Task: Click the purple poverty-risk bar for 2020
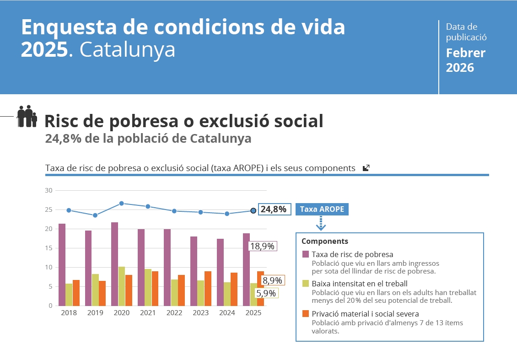click(x=114, y=264)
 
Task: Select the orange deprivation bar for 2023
click(x=208, y=288)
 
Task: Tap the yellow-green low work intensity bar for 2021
click(x=148, y=287)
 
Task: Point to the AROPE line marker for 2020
click(x=122, y=203)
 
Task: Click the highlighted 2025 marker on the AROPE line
click(x=253, y=210)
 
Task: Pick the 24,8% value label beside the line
click(x=273, y=210)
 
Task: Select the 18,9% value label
click(x=263, y=246)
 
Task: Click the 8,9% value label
click(x=272, y=280)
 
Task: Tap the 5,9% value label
click(x=266, y=293)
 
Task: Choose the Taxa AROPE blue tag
click(x=322, y=209)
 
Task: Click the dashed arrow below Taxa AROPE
click(x=321, y=224)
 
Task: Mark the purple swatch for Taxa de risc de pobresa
click(x=306, y=254)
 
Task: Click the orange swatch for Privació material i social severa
click(x=306, y=314)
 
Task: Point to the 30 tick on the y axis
click(x=49, y=190)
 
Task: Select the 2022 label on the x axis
click(x=174, y=313)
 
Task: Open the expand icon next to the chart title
click(x=366, y=168)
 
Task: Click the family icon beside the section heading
click(x=27, y=116)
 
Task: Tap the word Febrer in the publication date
click(x=466, y=53)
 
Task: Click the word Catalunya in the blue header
click(x=128, y=50)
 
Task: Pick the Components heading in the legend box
click(x=325, y=241)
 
